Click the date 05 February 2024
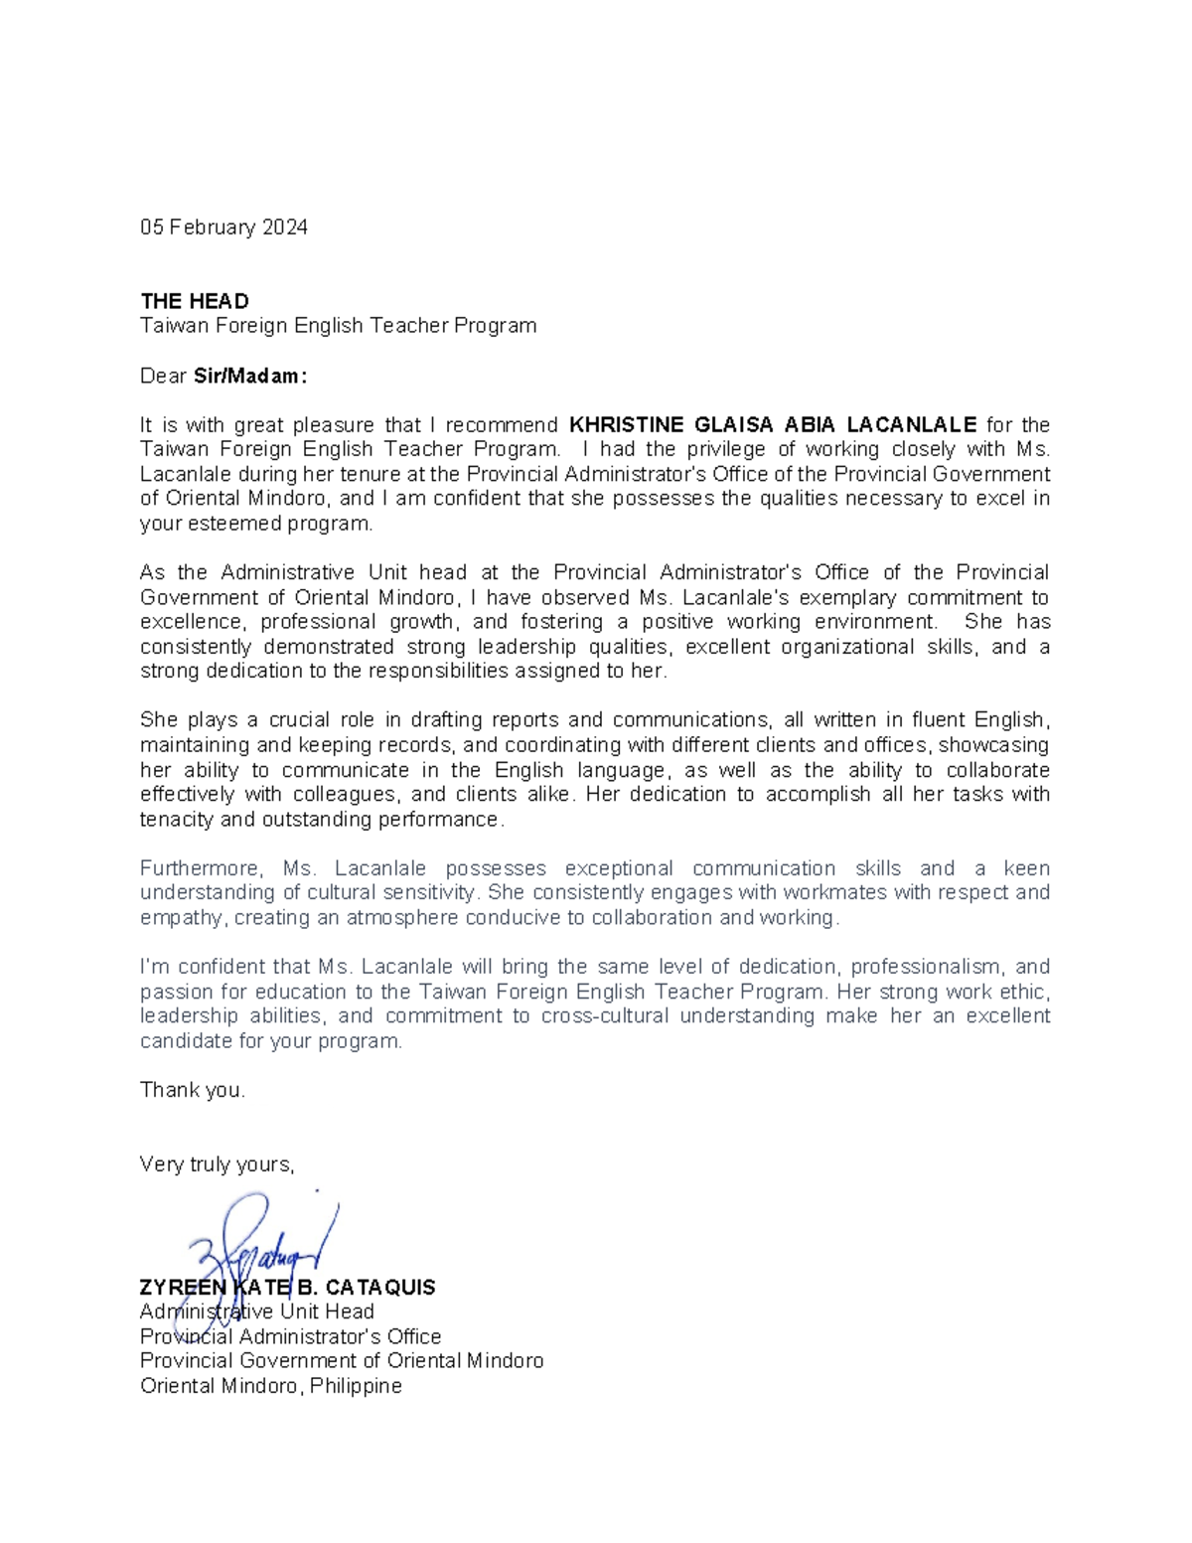tap(223, 228)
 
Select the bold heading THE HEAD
tap(195, 301)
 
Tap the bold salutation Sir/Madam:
tap(250, 377)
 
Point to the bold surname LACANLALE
tap(912, 425)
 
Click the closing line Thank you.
tap(192, 1090)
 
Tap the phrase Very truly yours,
tap(218, 1164)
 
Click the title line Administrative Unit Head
tap(257, 1312)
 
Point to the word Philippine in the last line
tap(356, 1386)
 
